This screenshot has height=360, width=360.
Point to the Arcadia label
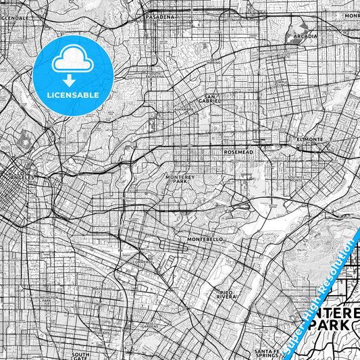point(305,36)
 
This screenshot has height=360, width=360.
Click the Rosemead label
point(238,153)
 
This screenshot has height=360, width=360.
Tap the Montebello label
point(205,239)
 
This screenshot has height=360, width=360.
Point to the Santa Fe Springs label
point(272,352)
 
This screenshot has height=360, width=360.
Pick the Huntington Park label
point(51,297)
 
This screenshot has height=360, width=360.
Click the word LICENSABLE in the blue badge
point(73,95)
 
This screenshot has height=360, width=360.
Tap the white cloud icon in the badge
point(72,61)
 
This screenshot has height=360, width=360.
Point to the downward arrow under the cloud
point(72,80)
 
